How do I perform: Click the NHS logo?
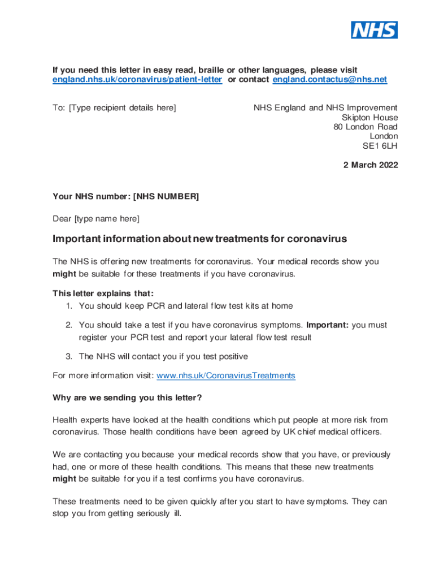click(374, 29)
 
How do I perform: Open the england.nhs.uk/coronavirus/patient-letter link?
click(137, 80)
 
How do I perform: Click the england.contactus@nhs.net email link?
click(330, 80)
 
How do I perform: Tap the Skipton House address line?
click(369, 117)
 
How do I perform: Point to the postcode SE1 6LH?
click(380, 146)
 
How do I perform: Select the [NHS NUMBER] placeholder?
click(166, 197)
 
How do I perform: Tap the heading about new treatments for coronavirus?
click(199, 239)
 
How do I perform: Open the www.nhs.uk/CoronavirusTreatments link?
click(225, 375)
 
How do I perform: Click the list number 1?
click(68, 306)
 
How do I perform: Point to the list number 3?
click(68, 356)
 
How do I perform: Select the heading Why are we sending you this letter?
click(127, 397)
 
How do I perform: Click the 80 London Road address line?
click(365, 127)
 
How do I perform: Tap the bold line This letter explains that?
click(103, 293)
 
